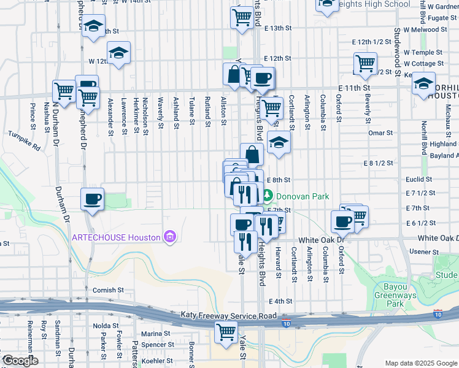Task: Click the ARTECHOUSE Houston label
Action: tap(117, 237)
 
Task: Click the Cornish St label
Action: tap(108, 290)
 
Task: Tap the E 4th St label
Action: tap(283, 301)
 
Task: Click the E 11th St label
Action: tap(352, 89)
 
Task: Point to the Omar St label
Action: tap(380, 133)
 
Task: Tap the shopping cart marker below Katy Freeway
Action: tap(226, 332)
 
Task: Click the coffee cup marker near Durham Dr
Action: tap(92, 199)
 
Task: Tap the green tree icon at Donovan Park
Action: tap(268, 197)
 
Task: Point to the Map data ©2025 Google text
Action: tap(420, 363)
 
